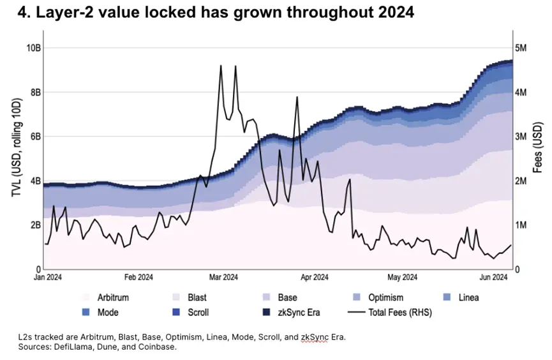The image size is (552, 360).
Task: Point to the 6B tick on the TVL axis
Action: click(34, 137)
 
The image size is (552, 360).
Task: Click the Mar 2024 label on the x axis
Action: click(223, 277)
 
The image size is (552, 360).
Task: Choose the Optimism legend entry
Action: click(384, 297)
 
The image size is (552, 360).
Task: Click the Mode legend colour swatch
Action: click(86, 313)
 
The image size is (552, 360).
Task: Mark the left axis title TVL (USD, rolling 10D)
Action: click(17, 158)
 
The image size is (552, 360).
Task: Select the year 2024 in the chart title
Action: click(392, 13)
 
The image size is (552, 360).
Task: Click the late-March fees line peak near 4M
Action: click(296, 98)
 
